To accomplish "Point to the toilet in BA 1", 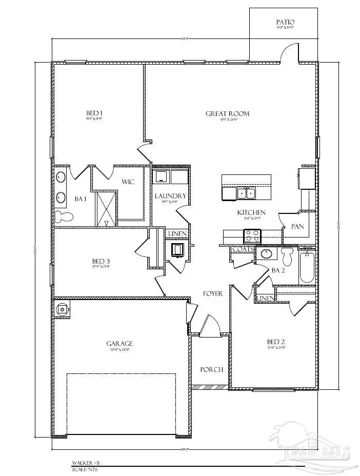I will point(63,216).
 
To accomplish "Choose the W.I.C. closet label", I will point(128,182).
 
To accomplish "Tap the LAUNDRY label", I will point(170,196).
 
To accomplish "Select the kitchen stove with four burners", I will point(252,236).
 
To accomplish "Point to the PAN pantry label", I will point(297,226).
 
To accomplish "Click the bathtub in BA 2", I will point(307,267).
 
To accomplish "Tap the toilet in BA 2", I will point(287,255).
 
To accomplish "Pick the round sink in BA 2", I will point(266,253).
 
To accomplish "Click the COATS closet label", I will point(240,250).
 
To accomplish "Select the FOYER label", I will point(212,294).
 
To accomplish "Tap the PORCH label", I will point(211,369).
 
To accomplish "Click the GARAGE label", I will point(119,344).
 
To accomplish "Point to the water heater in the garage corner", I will point(63,309).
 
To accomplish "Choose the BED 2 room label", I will point(276,342).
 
